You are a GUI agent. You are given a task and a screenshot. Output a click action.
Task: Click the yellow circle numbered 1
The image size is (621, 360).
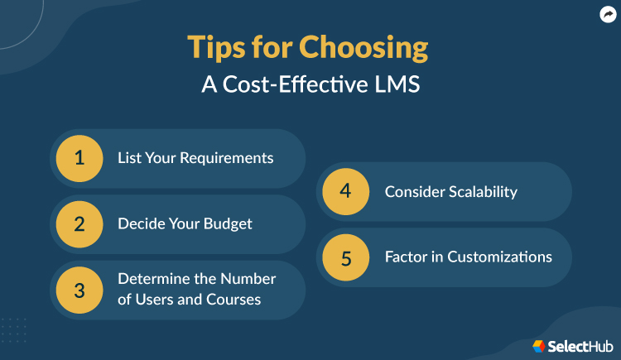79,158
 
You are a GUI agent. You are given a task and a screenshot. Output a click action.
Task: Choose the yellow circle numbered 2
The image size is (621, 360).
79,224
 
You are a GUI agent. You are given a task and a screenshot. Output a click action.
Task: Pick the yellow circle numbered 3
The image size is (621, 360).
79,290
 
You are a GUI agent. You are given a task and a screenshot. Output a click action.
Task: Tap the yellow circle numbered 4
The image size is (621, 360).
346,191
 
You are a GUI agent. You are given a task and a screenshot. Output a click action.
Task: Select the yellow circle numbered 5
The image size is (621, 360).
346,257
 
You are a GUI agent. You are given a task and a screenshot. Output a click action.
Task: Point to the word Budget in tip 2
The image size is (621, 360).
225,224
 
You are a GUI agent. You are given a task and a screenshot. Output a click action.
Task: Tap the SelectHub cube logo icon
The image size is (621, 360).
540,345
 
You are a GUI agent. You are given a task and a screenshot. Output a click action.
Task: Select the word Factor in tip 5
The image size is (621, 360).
407,257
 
